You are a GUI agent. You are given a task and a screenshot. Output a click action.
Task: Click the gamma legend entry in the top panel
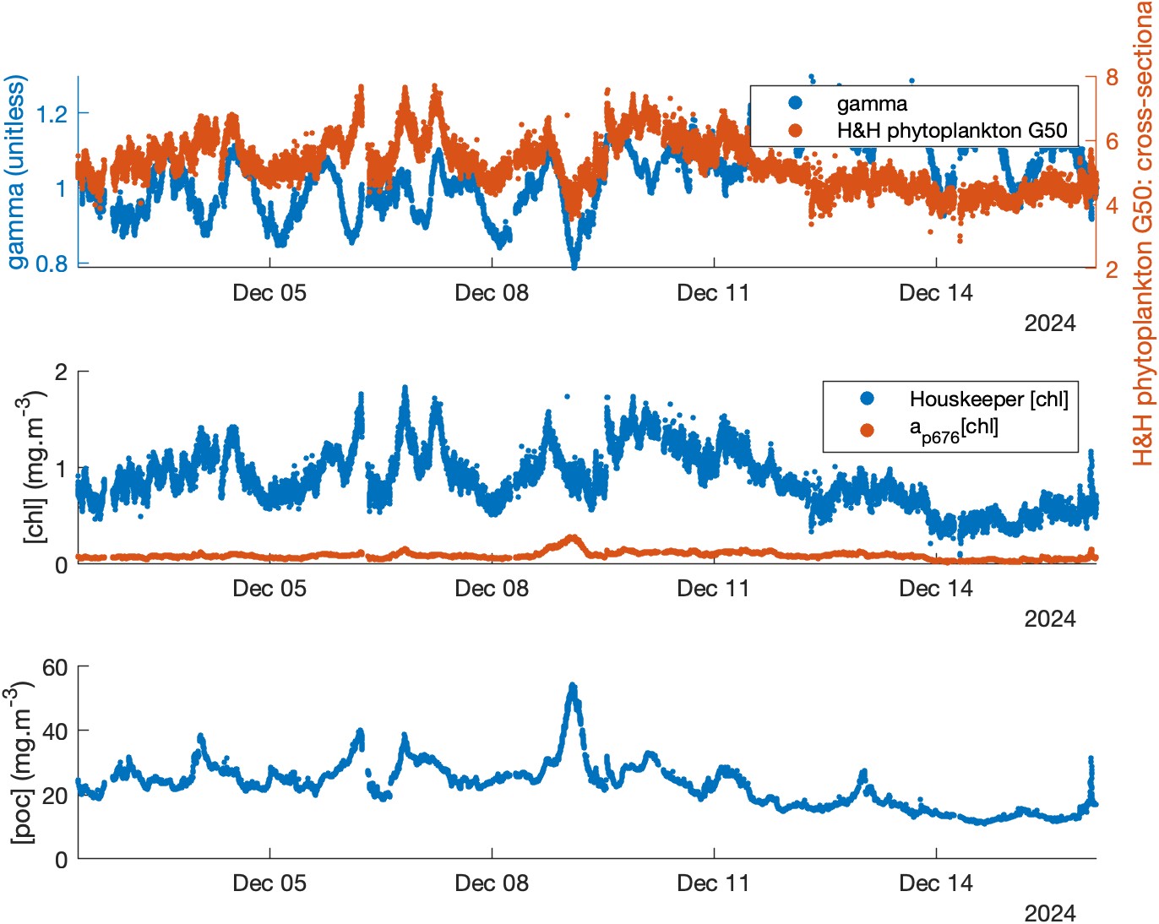tap(871, 104)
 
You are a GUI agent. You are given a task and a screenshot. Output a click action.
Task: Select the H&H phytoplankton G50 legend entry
tap(951, 131)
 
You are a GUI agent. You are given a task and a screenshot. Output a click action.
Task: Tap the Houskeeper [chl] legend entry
tap(988, 399)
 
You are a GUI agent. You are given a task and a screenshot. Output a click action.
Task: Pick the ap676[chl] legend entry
tap(953, 429)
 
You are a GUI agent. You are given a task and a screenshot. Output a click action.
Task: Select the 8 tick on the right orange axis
tap(1112, 77)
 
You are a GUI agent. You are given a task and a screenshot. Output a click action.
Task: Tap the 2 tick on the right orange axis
tap(1112, 269)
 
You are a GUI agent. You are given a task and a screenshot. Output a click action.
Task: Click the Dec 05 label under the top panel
tap(269, 293)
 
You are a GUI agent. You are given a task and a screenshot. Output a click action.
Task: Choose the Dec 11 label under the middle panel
tap(714, 589)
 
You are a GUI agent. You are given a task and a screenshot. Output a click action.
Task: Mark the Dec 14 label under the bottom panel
tap(936, 883)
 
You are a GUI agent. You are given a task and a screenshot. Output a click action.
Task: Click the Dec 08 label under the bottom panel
tap(492, 883)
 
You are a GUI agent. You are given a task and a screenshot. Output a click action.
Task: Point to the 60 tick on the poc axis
tap(55, 667)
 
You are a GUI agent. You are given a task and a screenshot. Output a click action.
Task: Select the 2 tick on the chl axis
tap(61, 372)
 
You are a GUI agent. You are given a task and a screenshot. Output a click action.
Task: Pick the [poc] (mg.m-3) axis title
tap(23, 764)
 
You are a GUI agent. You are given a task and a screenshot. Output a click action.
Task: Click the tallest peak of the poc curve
tap(573, 687)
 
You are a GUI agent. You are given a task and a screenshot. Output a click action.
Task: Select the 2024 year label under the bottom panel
tap(1049, 914)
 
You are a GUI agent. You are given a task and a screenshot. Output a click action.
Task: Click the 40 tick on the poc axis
tap(55, 731)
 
